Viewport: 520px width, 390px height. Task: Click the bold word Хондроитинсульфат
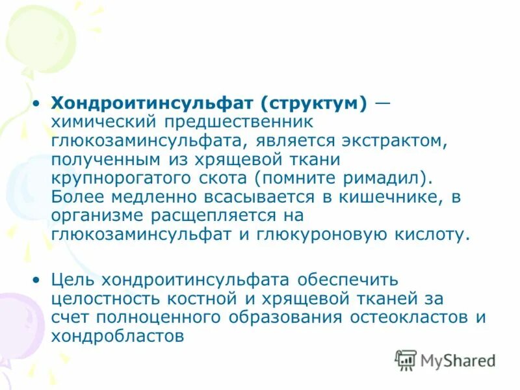point(155,103)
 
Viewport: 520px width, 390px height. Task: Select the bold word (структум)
point(315,103)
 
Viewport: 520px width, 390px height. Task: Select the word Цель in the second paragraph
point(73,279)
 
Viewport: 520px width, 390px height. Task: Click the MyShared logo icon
point(406,360)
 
